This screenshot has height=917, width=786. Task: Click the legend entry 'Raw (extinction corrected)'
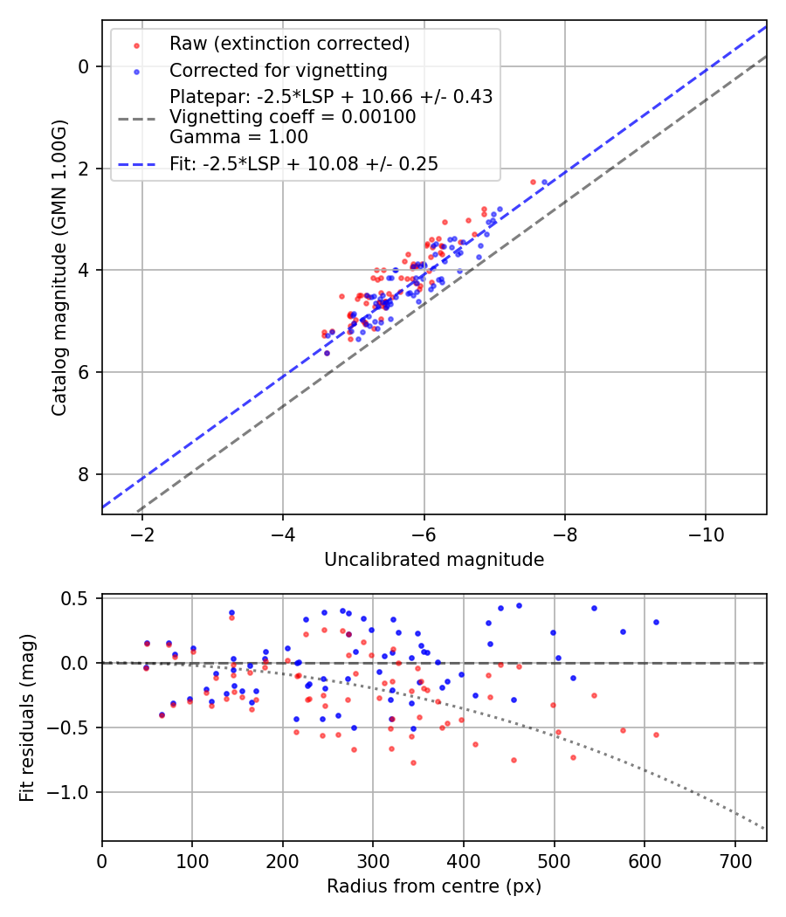pyautogui.click(x=289, y=44)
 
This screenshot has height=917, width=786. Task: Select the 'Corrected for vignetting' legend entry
pyautogui.click(x=278, y=70)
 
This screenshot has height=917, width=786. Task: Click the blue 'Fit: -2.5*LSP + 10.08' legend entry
pyautogui.click(x=304, y=163)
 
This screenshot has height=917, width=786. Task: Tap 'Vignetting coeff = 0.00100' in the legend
pyautogui.click(x=293, y=116)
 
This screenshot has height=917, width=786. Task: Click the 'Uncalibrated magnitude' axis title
pyautogui.click(x=434, y=560)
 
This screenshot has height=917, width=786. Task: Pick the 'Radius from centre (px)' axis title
pyautogui.click(x=434, y=886)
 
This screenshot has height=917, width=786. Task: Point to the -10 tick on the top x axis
pyautogui.click(x=706, y=533)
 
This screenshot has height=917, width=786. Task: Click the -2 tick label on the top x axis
pyautogui.click(x=142, y=533)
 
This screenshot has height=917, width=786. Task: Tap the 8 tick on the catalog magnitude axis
pyautogui.click(x=84, y=474)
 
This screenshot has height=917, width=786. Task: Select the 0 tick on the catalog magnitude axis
pyautogui.click(x=84, y=66)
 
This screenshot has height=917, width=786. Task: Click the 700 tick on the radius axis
pyautogui.click(x=734, y=859)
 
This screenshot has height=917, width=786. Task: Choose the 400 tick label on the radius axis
pyautogui.click(x=464, y=859)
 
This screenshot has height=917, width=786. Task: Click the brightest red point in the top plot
pyautogui.click(x=533, y=182)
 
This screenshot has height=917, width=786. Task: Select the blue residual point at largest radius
pyautogui.click(x=656, y=622)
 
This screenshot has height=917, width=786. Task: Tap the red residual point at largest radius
pyautogui.click(x=656, y=734)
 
